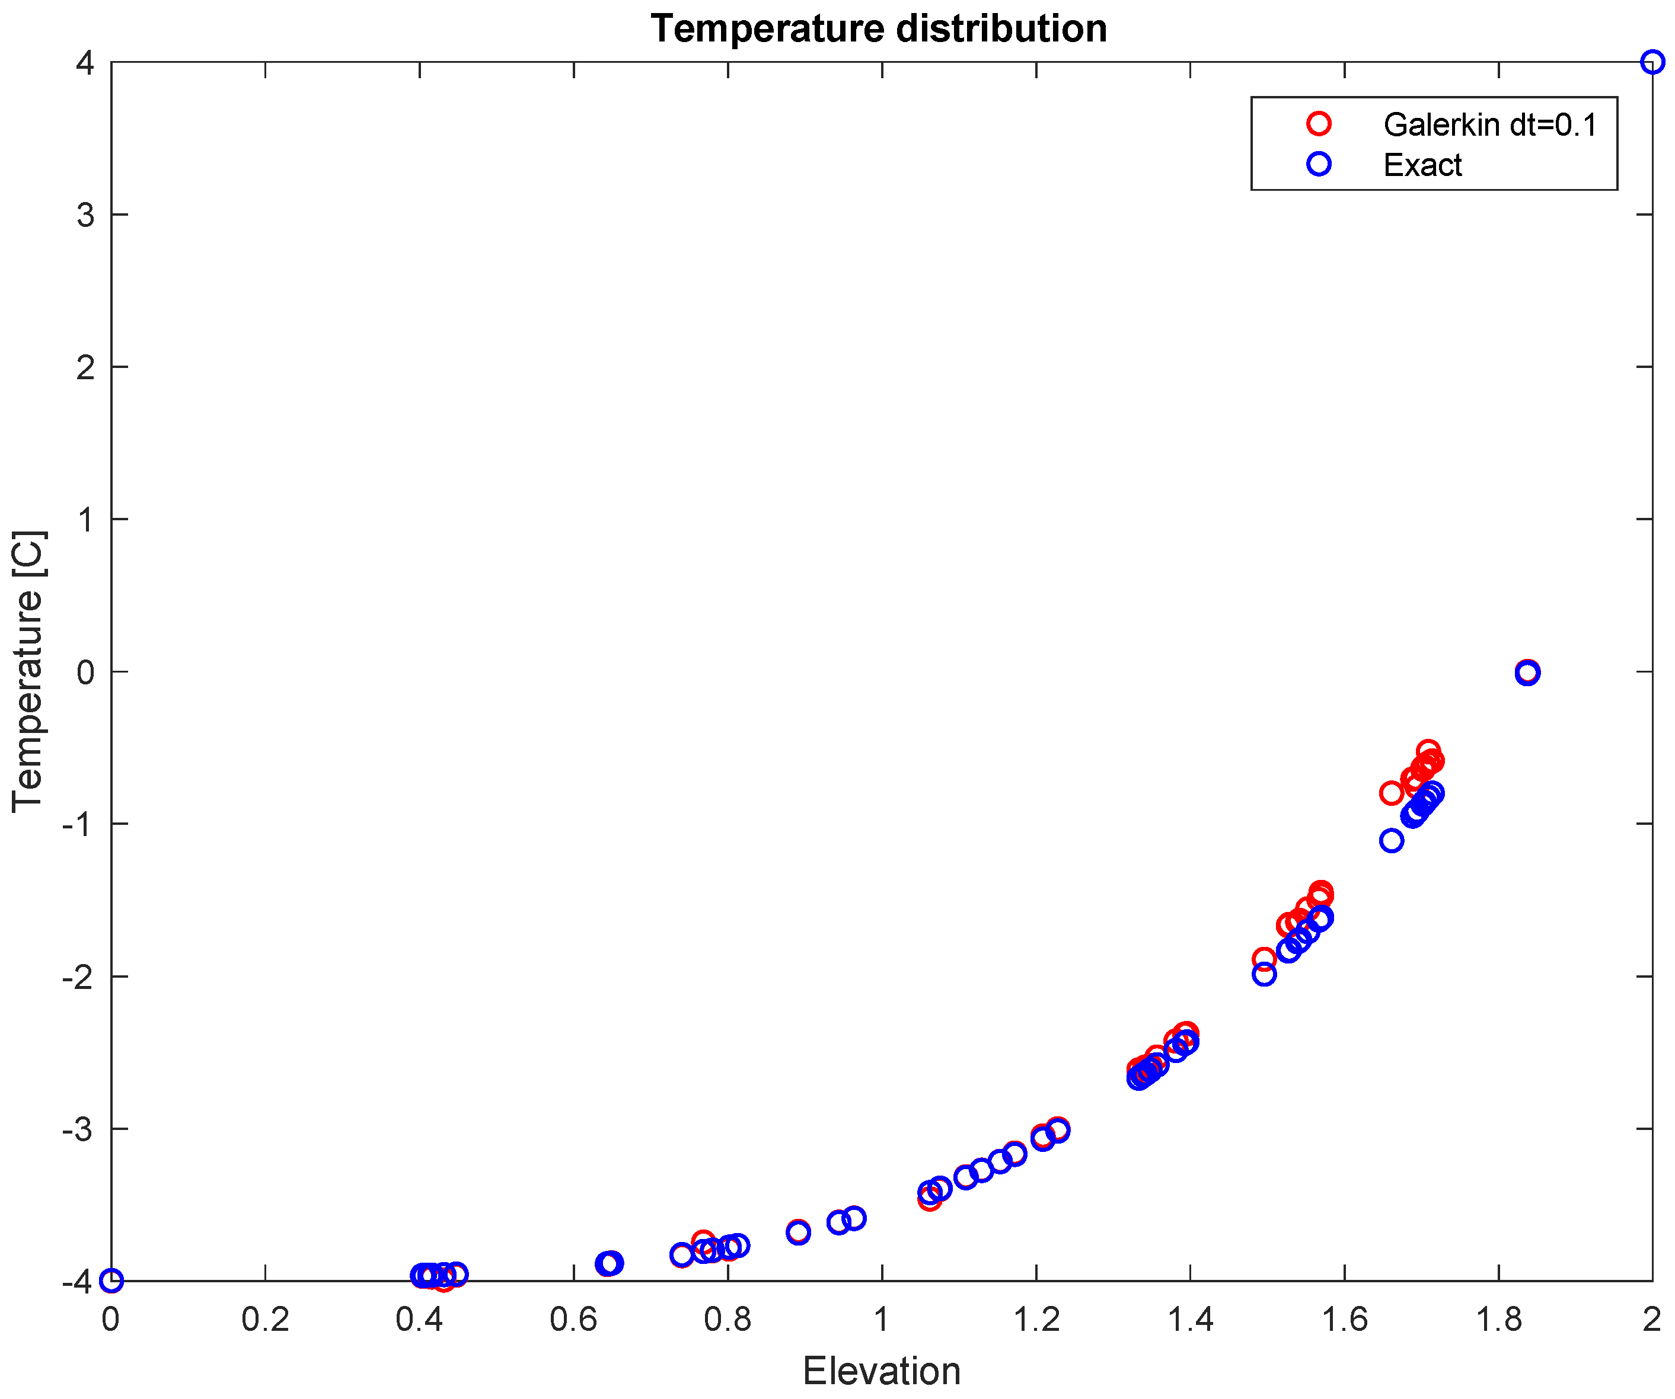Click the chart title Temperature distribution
pos(878,30)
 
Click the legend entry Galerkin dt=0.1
pos(1490,125)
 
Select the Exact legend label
pos(1422,165)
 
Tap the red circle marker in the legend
pos(1319,124)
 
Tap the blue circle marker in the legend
pos(1319,164)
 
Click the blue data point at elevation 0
pos(111,1281)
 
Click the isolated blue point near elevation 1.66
pos(1391,840)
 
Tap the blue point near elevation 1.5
pos(1264,974)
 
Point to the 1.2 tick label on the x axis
pos(1035,1321)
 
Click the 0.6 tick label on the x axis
pos(573,1321)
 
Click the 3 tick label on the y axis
pos(85,215)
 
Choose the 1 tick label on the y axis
pos(85,520)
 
